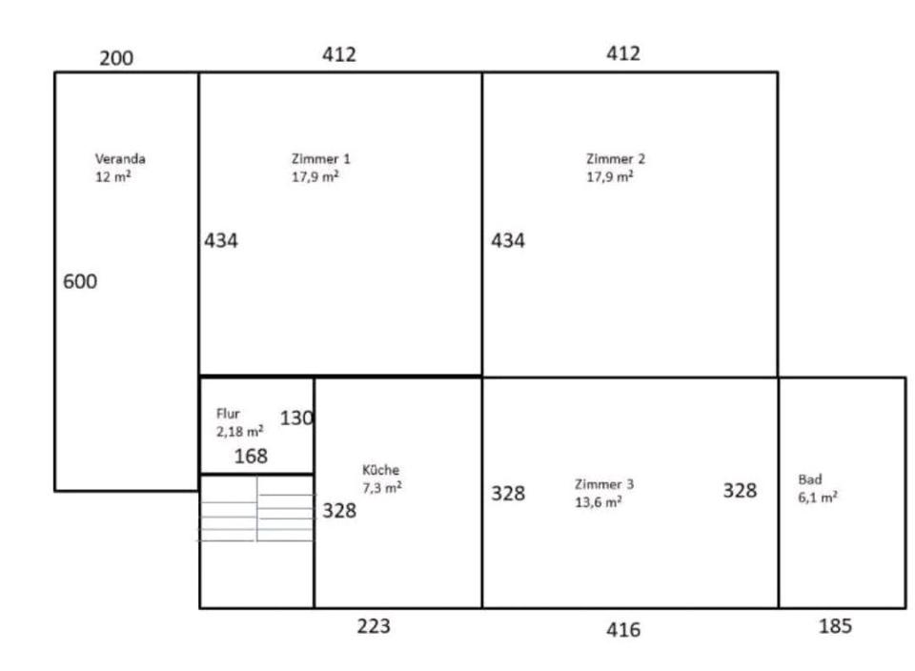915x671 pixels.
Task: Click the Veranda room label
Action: pos(120,159)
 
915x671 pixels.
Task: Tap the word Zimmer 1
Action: pos(321,159)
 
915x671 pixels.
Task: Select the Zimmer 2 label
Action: pos(616,159)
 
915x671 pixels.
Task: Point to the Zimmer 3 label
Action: pos(604,484)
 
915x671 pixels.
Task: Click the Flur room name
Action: pos(228,414)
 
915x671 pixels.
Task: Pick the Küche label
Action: pos(380,470)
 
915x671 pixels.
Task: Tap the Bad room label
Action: pos(810,479)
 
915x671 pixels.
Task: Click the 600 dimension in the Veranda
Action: pos(80,281)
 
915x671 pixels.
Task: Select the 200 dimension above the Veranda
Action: pos(116,58)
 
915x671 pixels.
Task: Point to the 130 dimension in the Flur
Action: pos(296,417)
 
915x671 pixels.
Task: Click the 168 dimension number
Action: pos(251,456)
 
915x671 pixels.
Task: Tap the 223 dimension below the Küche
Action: pos(374,626)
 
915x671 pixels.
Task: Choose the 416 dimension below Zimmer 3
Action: pos(623,630)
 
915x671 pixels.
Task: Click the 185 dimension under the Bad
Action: pos(835,626)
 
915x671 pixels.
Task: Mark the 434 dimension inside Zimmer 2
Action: pos(508,240)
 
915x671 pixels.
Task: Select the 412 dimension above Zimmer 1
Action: pos(339,54)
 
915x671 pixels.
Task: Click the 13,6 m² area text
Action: pos(599,501)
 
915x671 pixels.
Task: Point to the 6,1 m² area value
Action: pos(818,498)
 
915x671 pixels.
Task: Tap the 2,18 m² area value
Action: pos(239,431)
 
